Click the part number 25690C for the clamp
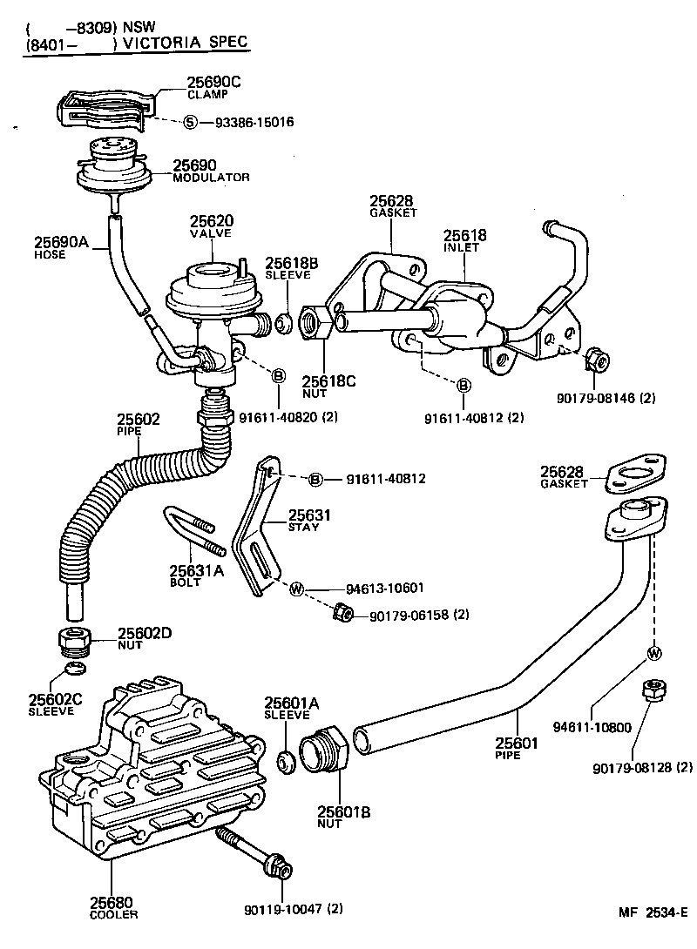pyautogui.click(x=213, y=83)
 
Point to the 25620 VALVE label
pyautogui.click(x=213, y=225)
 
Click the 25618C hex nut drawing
pyautogui.click(x=314, y=323)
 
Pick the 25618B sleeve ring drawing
pyautogui.click(x=283, y=324)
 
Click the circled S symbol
pyautogui.click(x=190, y=123)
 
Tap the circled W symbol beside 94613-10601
pyautogui.click(x=296, y=589)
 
